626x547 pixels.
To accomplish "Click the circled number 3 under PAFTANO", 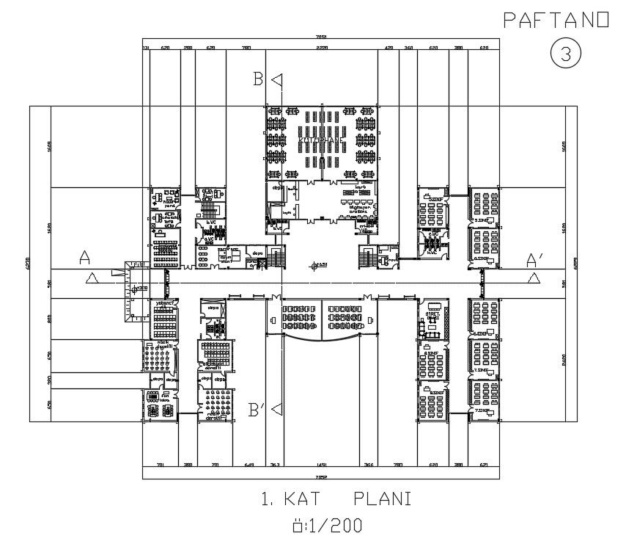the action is point(565,52).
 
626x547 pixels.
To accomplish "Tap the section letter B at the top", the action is point(258,79).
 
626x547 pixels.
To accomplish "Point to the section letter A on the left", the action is point(85,258).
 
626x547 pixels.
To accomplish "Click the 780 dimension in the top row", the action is point(246,48).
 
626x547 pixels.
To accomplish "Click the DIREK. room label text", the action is point(432,315).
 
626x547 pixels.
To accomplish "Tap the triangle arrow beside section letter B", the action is point(276,80).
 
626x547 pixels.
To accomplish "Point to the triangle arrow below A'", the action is point(533,277).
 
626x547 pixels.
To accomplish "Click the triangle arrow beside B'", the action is point(275,410).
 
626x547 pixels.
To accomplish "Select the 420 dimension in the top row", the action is point(389,48).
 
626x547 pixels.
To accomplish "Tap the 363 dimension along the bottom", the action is point(275,465).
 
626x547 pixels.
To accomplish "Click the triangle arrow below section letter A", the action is point(92,277).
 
